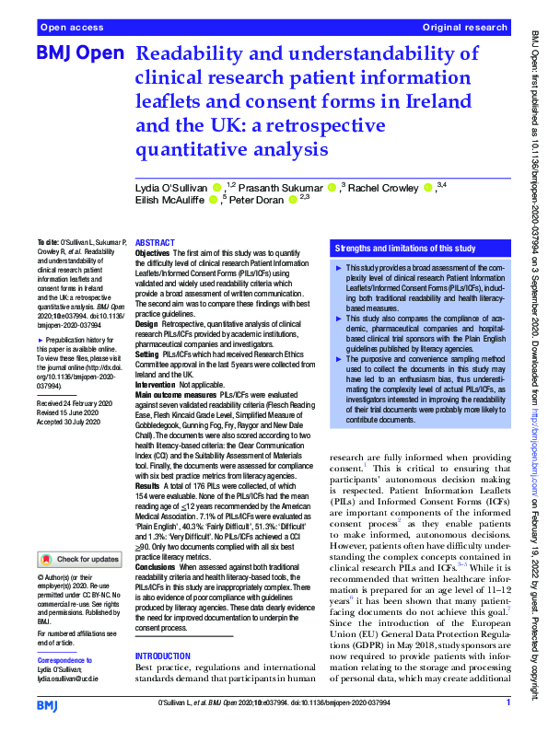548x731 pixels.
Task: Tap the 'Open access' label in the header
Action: point(70,29)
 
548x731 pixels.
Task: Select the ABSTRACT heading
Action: point(154,242)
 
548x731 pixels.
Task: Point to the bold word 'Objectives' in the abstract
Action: point(153,252)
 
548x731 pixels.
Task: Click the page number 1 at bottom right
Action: point(507,703)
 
